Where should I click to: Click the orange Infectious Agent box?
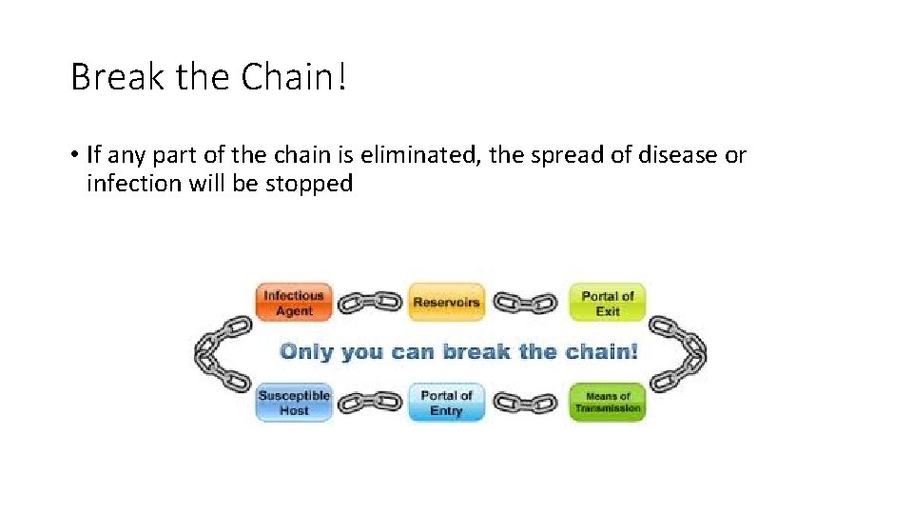[294, 303]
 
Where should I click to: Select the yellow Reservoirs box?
[446, 303]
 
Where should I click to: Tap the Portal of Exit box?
[607, 303]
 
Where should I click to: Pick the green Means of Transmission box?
[607, 403]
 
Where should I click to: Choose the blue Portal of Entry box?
[446, 403]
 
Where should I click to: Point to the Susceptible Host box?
[294, 403]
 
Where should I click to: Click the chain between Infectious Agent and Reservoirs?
[370, 303]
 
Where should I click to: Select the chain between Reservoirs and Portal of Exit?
[526, 303]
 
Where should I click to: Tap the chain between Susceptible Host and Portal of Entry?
[370, 403]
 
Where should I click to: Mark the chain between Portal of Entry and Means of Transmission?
[526, 403]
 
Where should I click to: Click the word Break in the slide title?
[115, 77]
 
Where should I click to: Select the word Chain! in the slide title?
[295, 77]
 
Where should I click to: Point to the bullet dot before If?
[74, 155]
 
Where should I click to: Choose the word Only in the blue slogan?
[306, 351]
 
